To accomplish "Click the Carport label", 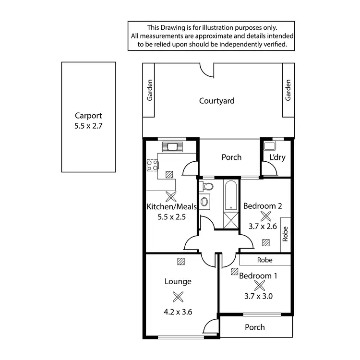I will (88, 116).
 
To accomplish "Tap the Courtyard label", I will (217, 101).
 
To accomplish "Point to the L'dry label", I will (277, 157).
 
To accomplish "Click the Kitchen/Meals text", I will (171, 207).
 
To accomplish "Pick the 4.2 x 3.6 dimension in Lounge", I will (178, 312).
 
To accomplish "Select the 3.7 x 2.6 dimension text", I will (263, 227).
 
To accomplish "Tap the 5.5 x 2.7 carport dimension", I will (88, 127).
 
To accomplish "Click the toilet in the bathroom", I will (208, 185).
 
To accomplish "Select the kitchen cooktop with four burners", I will (153, 166).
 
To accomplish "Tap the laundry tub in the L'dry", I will (269, 146).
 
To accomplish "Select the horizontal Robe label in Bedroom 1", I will (264, 260).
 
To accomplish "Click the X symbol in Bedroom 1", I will (259, 286).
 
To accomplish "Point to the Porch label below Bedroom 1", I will (255, 327).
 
